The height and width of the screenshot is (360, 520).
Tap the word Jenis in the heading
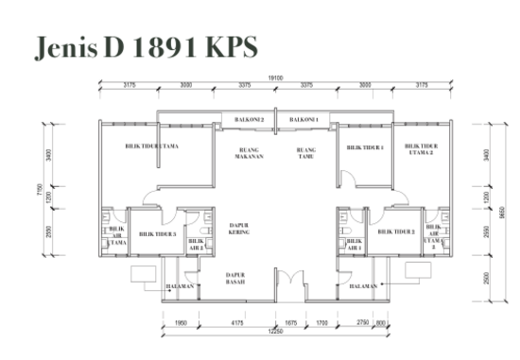(65, 48)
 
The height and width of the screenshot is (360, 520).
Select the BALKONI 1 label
(303, 120)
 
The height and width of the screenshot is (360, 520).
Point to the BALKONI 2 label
(249, 120)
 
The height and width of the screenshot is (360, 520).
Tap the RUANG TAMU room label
(305, 152)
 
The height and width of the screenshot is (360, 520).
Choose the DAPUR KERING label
(239, 228)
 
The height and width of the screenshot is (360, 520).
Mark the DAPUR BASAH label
(235, 278)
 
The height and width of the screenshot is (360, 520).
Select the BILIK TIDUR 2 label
(395, 231)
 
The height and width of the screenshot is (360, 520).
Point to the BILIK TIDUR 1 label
(364, 147)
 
